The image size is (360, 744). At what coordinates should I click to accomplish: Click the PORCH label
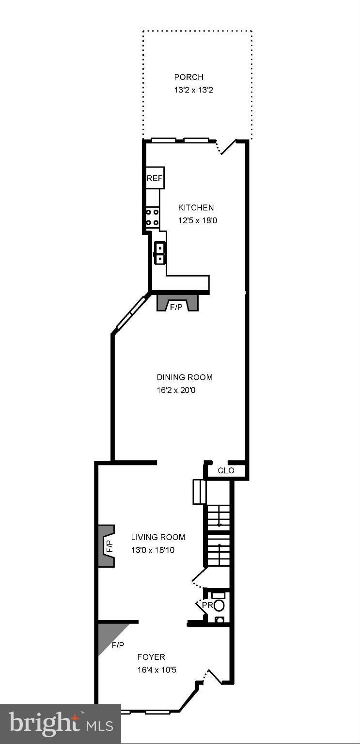pos(189,77)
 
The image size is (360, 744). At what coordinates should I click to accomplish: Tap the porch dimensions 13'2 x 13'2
pos(194,90)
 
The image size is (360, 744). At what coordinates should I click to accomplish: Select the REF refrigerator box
pos(155,178)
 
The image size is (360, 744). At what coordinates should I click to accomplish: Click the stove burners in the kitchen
pos(153,217)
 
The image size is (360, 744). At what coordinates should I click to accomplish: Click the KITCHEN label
pos(196,208)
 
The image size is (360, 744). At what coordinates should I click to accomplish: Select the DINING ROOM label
pos(185,377)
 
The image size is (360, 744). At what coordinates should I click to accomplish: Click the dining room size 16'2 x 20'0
pos(176,390)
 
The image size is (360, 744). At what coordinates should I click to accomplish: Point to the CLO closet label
pos(226,470)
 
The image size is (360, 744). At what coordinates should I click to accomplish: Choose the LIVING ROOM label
pos(158,537)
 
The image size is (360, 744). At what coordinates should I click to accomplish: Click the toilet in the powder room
pos(219,605)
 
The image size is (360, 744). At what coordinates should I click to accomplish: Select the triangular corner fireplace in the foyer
pos(109,635)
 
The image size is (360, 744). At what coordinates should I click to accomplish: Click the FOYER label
pos(151,657)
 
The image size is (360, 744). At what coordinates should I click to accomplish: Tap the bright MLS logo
pos(61,724)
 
